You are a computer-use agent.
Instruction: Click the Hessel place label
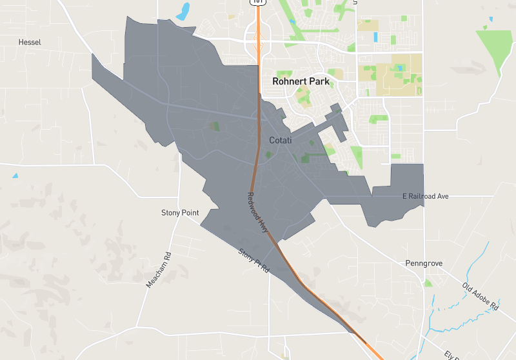pos(30,42)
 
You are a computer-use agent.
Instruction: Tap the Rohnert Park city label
pos(301,82)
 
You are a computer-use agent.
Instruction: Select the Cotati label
pos(280,140)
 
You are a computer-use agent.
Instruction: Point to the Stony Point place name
pos(180,212)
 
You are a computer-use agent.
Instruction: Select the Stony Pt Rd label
pos(253,260)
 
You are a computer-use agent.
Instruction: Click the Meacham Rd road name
pos(159,269)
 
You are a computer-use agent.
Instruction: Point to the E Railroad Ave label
pos(425,195)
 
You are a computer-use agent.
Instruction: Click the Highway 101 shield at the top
pos(258,2)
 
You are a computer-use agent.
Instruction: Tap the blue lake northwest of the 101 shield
pos(184,11)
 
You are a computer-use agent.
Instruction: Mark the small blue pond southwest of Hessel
pos(15,175)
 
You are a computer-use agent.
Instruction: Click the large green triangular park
pos(494,48)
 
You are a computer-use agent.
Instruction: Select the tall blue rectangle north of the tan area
pos(375,37)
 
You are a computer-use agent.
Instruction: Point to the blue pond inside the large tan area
pos(400,68)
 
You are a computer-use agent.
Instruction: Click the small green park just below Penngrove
pos(428,283)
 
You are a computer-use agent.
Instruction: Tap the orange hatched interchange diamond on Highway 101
pos(259,46)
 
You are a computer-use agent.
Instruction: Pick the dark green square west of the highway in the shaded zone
pos(215,126)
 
